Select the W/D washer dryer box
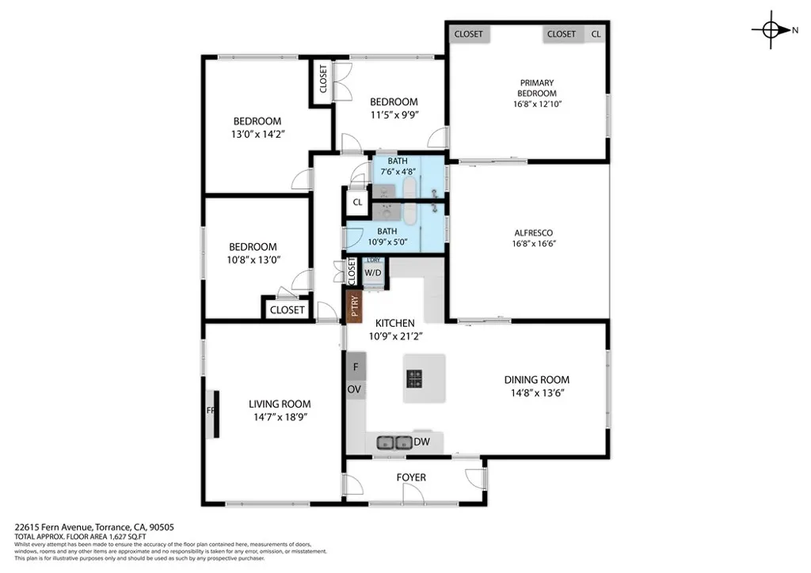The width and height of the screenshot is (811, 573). [x=372, y=273]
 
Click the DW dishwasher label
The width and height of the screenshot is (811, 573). [x=421, y=442]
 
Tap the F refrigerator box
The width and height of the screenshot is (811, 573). [x=356, y=366]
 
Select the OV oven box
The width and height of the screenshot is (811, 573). [x=355, y=389]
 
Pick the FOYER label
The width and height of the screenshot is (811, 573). [x=411, y=477]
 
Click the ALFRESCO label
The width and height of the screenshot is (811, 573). [x=533, y=233]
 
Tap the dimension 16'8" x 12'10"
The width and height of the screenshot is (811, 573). [x=537, y=104]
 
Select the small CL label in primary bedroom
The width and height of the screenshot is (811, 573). [x=596, y=34]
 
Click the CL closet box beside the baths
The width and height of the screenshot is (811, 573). [x=358, y=202]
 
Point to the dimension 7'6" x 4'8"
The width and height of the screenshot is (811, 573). [x=398, y=172]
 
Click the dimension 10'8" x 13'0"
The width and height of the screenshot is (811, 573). [x=253, y=259]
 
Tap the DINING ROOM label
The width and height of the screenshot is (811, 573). [x=537, y=380]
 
